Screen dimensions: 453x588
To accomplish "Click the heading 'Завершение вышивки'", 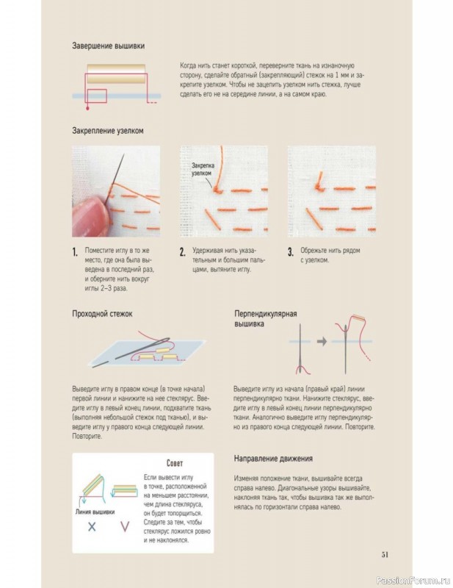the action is pos(108,46).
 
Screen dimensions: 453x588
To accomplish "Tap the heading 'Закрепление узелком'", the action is pos(107,131).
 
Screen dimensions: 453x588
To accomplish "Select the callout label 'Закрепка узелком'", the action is pos(203,169).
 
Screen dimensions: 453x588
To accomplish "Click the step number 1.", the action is pos(75,252).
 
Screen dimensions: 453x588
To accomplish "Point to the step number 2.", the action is pos(183,252).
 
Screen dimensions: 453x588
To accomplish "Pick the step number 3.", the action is pos(291,252).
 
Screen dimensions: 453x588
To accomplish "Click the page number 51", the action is pos(385,555).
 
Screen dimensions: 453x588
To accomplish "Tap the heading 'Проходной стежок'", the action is pos(102,314).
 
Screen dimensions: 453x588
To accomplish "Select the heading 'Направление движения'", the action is pos(273,458).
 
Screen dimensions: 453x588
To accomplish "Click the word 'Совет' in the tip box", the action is pos(175,463).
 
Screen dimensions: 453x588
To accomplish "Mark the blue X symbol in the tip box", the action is pos(92,526).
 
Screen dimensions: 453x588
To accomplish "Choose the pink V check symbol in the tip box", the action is pos(125,526).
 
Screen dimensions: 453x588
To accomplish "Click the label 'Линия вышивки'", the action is pos(95,512).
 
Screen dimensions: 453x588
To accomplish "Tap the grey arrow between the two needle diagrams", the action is pos(322,341).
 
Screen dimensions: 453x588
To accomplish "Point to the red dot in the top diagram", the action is pos(87,108).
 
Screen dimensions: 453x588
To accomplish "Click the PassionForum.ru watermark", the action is pos(413,580).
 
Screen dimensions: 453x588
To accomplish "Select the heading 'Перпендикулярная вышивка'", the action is pos(266,318).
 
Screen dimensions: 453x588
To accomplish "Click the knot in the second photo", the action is pos(217,190).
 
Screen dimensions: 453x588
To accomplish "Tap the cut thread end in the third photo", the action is pos(319,180).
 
